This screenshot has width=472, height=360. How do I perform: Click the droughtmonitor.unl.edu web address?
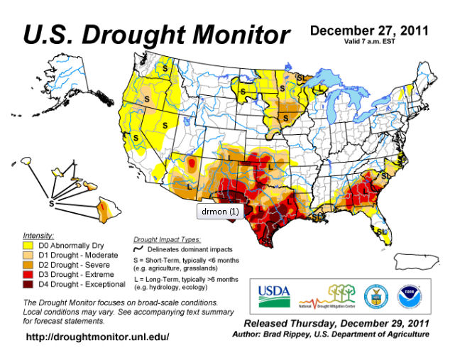pyautogui.click(x=98, y=336)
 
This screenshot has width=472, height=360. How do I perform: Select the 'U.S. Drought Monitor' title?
pyautogui.click(x=156, y=33)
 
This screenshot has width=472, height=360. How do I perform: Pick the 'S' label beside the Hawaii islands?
pyautogui.click(x=51, y=202)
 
